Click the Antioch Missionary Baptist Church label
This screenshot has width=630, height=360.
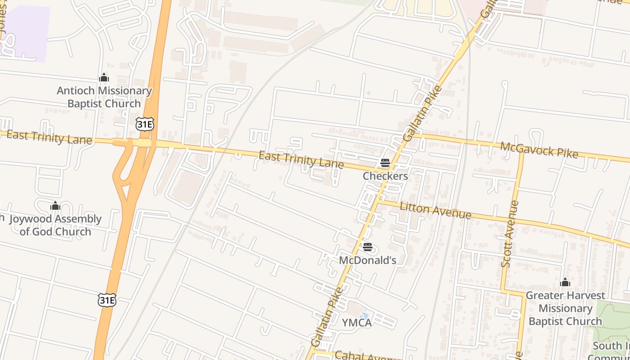pyautogui.click(x=104, y=97)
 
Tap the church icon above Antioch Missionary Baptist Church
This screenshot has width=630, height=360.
pyautogui.click(x=104, y=78)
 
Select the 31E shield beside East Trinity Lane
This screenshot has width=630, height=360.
pyautogui.click(x=144, y=124)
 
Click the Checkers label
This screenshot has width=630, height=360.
pyautogui.click(x=386, y=176)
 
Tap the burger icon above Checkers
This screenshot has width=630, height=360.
pyautogui.click(x=385, y=163)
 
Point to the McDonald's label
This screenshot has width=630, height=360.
pyautogui.click(x=368, y=260)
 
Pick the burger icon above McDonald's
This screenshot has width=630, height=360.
pyautogui.click(x=368, y=247)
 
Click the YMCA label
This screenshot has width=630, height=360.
pyautogui.click(x=357, y=323)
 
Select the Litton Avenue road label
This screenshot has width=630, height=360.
pyautogui.click(x=435, y=211)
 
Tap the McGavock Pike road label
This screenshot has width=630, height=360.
pyautogui.click(x=539, y=150)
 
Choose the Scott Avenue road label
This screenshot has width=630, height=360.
pyautogui.click(x=510, y=234)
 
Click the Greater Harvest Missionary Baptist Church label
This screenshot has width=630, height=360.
pyautogui.click(x=565, y=308)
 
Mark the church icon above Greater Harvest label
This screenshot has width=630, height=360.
pyautogui.click(x=565, y=283)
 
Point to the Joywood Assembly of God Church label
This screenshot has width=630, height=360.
pyautogui.click(x=55, y=225)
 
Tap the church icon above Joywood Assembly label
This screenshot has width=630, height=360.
pyautogui.click(x=55, y=206)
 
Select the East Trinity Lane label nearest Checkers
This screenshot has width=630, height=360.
pyautogui.click(x=301, y=159)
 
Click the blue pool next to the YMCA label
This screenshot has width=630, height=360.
pyautogui.click(x=364, y=316)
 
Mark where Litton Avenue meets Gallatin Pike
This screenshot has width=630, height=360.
pyautogui.click(x=377, y=202)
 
